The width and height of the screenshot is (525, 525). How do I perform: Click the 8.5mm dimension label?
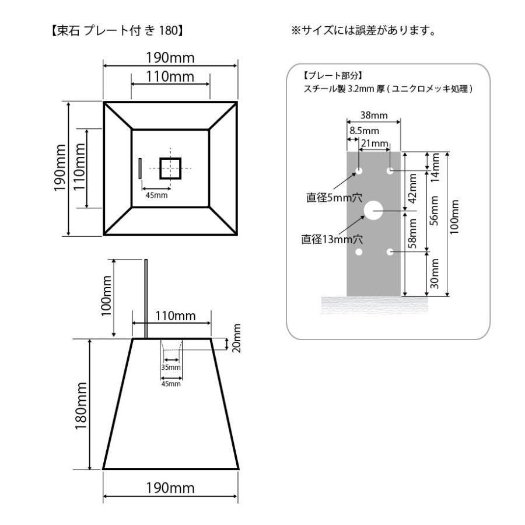pos(362,132)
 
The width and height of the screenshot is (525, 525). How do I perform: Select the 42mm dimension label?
pos(412,187)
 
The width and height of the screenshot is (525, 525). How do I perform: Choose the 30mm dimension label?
pos(435,272)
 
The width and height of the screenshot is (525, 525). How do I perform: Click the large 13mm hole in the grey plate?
pos(373,211)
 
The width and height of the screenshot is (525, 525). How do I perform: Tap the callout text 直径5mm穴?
pos(329,198)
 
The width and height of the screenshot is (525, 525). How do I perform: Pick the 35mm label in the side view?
pos(171,367)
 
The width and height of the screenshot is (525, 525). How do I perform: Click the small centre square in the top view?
pos(170,168)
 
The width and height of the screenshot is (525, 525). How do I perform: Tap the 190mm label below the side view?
pos(170,487)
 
